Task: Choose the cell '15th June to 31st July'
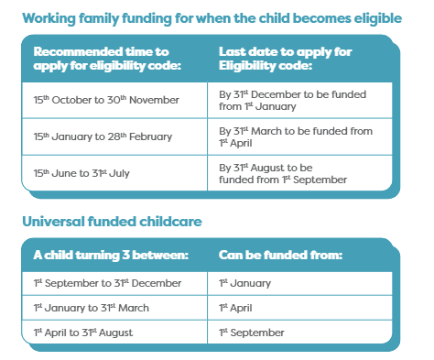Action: click(80, 173)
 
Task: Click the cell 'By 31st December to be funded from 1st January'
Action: click(298, 98)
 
